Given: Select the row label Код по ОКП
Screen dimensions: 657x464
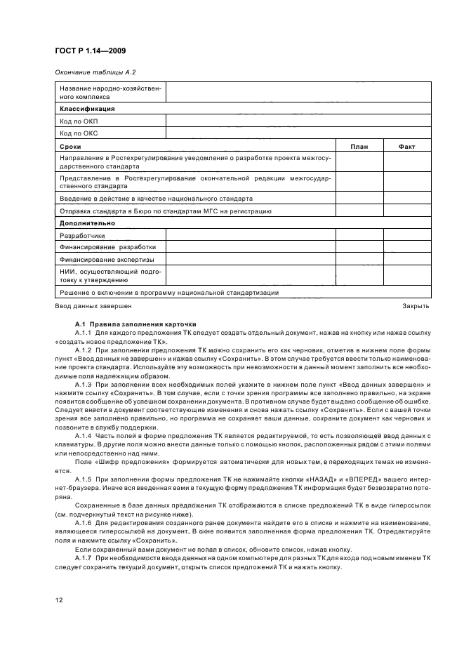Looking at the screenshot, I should tap(79, 121).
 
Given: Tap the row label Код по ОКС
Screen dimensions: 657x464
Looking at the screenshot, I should tap(79, 133).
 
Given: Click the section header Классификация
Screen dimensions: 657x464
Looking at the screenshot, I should tap(87, 109).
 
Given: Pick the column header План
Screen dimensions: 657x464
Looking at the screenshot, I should tap(359, 145).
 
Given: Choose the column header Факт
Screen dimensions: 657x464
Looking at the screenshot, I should tap(406, 145).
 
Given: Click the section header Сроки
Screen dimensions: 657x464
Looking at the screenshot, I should tap(70, 145).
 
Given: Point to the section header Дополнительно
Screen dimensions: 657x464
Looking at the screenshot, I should tap(87, 223).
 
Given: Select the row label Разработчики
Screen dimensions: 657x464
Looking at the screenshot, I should tap(82, 235).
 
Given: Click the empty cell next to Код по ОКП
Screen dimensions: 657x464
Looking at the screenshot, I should tap(298, 121).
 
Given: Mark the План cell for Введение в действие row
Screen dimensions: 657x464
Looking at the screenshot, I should tap(359, 199).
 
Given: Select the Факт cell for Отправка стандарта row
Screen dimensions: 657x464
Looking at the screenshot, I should tap(406, 211).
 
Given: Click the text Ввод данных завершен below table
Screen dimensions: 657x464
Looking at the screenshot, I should tap(93, 306).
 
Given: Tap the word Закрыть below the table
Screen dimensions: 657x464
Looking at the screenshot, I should tap(416, 306).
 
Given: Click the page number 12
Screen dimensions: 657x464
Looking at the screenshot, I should tap(59, 599).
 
